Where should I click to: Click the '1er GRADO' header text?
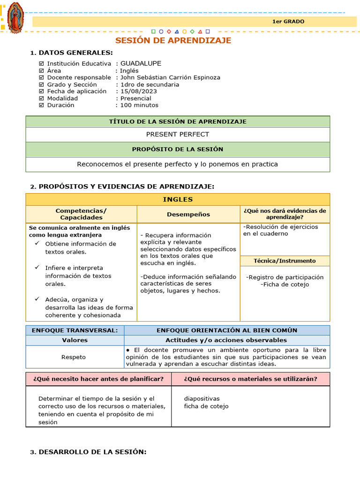point(288,22)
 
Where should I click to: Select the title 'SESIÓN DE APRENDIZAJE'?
point(173,41)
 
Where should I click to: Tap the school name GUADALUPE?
point(141,63)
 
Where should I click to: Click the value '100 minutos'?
point(139,105)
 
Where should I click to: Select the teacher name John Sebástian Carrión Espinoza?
point(170,77)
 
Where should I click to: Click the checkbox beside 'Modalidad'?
point(41,98)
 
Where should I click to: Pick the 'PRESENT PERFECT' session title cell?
point(178,135)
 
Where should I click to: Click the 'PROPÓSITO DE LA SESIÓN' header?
point(178,150)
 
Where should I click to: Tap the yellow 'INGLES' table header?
point(178,200)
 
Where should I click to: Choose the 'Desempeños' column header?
point(188,214)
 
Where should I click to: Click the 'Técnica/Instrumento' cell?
point(285,261)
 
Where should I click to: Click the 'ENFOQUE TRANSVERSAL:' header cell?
point(75,330)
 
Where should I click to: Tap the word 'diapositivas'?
point(202,399)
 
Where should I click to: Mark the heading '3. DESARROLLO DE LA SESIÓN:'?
point(88,452)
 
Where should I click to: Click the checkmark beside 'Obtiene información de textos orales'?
point(37,243)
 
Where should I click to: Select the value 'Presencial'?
point(135,98)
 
